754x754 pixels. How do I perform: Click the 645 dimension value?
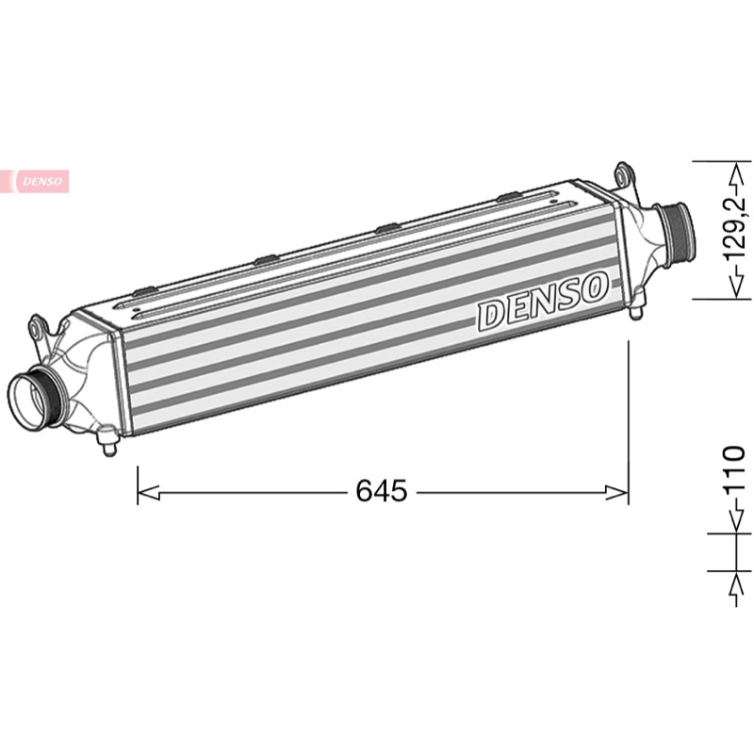click(x=382, y=490)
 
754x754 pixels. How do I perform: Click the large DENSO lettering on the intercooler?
click(x=543, y=302)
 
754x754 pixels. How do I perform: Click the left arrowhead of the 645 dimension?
click(x=149, y=492)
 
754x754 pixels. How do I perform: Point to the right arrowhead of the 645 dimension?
click(x=617, y=492)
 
